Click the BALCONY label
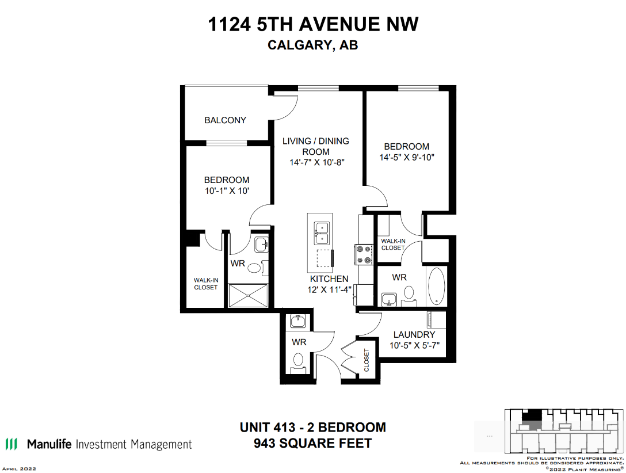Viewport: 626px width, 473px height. coord(225,120)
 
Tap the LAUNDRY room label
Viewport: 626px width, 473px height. coord(414,334)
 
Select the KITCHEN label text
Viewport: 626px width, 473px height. coord(329,279)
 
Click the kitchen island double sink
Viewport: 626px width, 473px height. coord(322,234)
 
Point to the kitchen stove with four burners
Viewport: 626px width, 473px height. coord(363,255)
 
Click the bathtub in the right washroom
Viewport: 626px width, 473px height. coord(436,286)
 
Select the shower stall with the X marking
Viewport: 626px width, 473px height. coord(248,295)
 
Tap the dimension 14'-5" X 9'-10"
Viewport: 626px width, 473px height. coord(406,158)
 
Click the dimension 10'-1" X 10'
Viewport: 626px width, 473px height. coord(227,191)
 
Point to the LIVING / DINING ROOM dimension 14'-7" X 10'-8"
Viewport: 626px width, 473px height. coord(316,162)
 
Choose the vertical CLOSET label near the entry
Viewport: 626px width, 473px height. coord(367,360)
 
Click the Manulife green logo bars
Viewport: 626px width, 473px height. coord(11,444)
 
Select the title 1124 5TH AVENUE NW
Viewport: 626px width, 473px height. coord(313,24)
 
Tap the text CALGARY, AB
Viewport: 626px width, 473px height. coord(312,45)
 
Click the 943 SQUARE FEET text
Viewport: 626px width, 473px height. coord(312,443)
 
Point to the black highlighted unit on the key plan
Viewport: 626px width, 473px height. coord(532,415)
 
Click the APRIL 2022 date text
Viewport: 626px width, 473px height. coord(19,468)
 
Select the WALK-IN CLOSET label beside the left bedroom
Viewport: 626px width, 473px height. coord(205,284)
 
